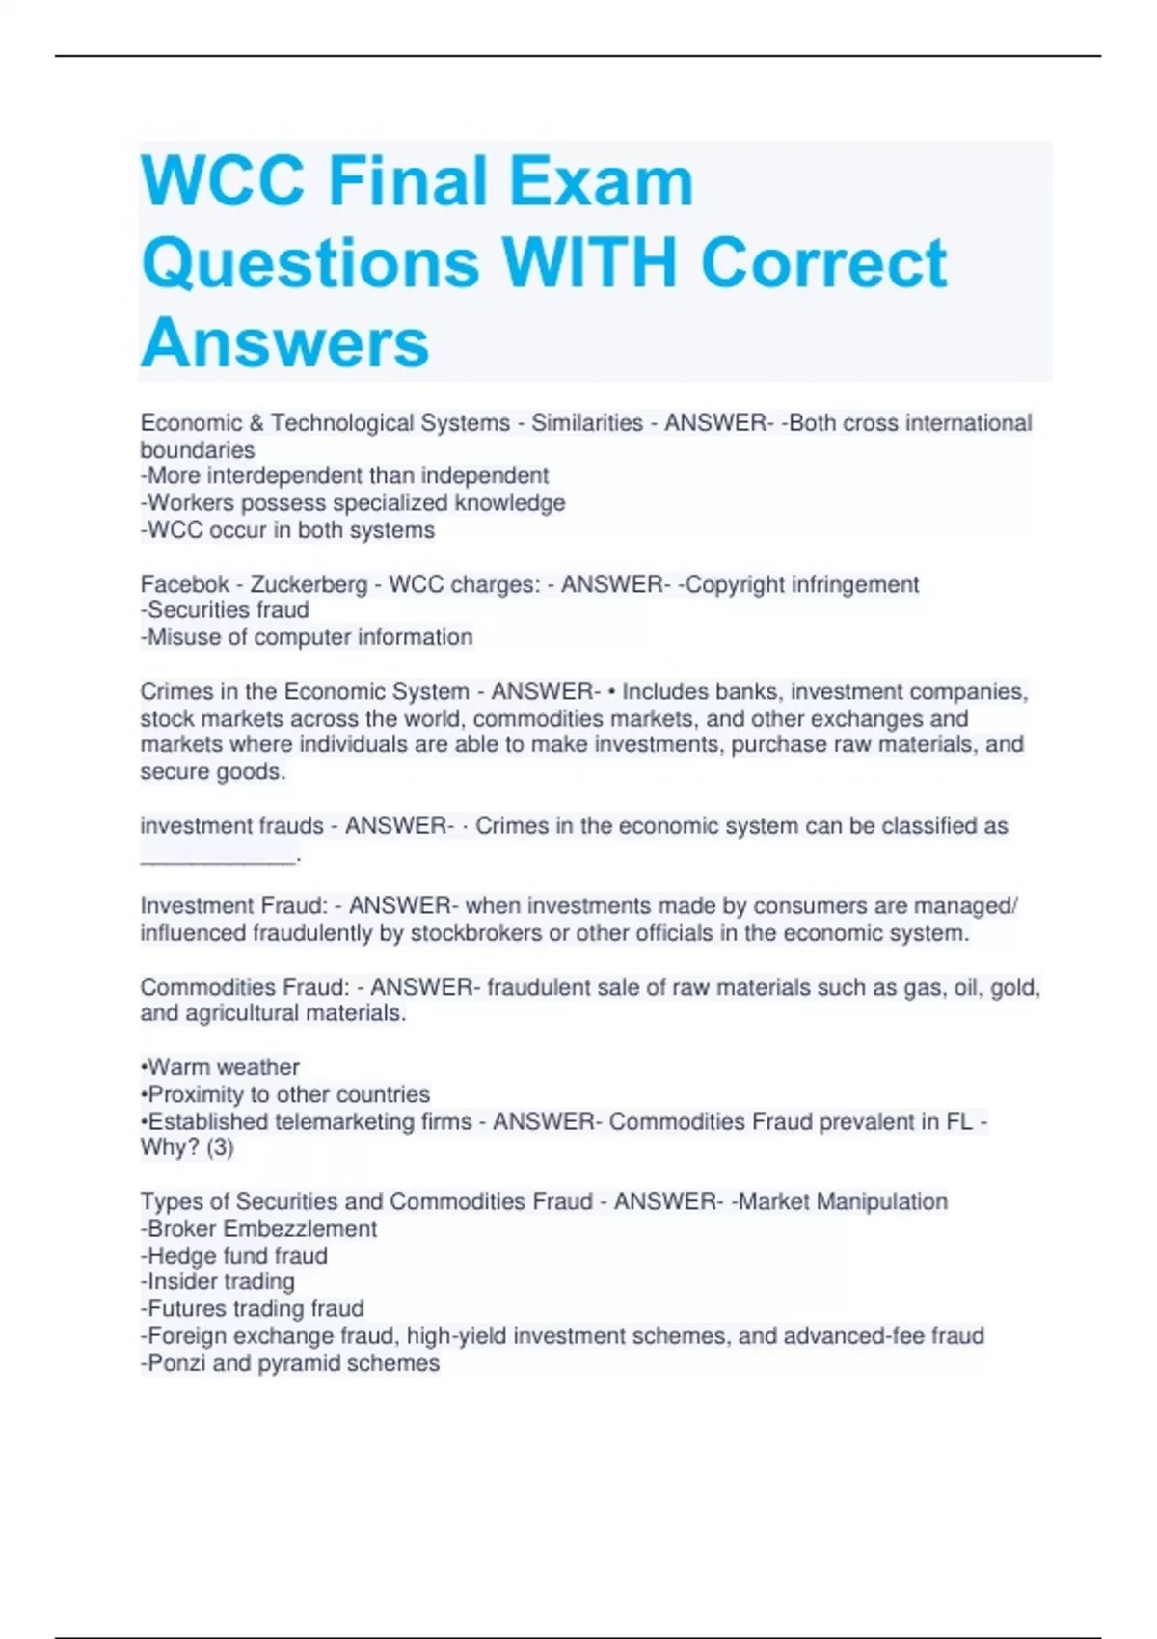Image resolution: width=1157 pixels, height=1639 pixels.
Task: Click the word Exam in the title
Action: (x=601, y=181)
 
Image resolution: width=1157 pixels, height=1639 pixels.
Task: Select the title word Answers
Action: (x=284, y=343)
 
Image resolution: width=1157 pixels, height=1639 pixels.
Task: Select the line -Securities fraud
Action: (x=225, y=610)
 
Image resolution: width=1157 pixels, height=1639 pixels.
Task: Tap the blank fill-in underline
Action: (x=218, y=856)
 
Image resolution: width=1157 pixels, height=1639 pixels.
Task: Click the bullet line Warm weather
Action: (x=221, y=1067)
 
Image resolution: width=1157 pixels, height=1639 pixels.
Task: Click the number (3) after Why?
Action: (x=220, y=1147)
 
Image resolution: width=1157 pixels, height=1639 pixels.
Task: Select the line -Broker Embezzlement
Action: (x=258, y=1229)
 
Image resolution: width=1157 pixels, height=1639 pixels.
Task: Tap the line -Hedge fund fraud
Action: (x=234, y=1256)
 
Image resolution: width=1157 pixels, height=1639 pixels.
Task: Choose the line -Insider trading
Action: (x=218, y=1282)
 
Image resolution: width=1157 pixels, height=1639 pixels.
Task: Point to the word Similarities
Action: (x=587, y=423)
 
